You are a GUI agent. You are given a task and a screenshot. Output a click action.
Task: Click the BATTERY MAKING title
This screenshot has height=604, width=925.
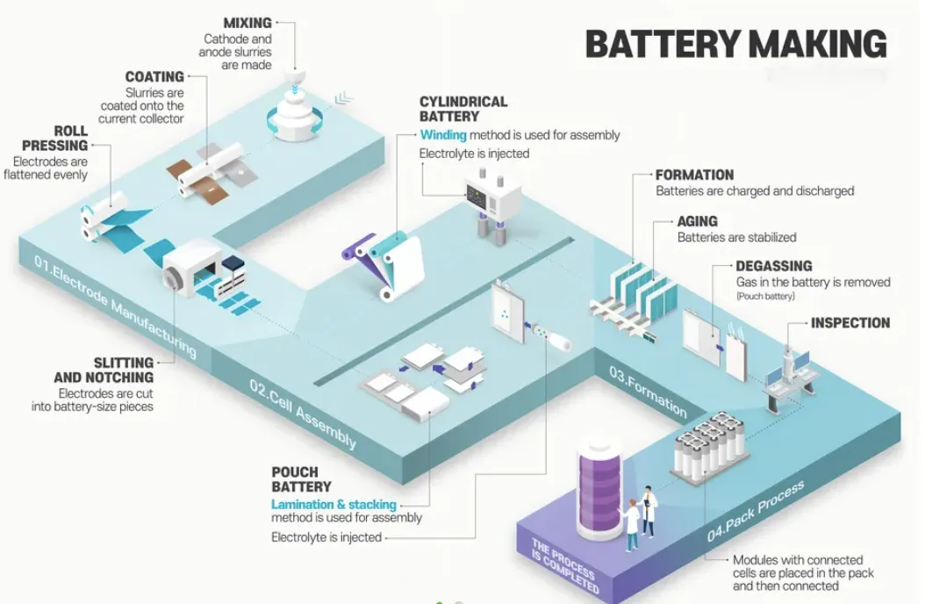[x=735, y=44]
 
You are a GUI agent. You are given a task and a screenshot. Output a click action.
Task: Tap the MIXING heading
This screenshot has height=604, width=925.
[x=247, y=22]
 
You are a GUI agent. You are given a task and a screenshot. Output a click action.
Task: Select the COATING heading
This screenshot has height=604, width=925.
[x=154, y=77]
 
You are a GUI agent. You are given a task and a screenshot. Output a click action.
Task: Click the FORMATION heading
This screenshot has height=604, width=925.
[x=694, y=175]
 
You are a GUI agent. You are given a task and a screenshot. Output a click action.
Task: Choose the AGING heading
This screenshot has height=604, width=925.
[x=697, y=221]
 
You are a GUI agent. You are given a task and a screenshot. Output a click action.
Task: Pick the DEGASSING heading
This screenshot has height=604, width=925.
[x=773, y=266]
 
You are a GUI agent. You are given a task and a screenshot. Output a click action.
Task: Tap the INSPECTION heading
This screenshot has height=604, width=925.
[x=850, y=323]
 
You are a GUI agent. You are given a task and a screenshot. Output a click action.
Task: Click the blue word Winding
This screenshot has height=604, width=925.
[x=442, y=135]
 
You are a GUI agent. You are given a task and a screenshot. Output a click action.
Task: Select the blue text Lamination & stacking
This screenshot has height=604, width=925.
[x=333, y=505]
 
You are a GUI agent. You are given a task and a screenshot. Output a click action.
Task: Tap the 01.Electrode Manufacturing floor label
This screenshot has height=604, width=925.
[x=114, y=304]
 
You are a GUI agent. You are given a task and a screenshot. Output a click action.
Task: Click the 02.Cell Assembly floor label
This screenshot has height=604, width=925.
[x=304, y=413]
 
